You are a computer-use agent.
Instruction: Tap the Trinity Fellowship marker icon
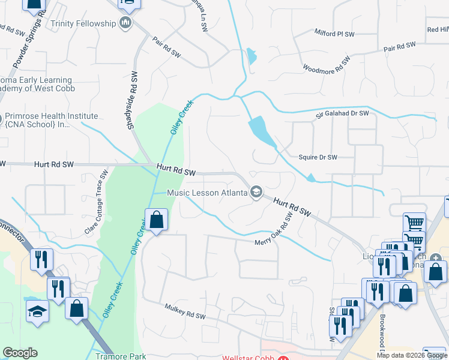pyautogui.click(x=125, y=23)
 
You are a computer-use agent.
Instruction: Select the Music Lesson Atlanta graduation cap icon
pyautogui.click(x=256, y=192)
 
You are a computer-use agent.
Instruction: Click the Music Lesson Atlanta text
pyautogui.click(x=207, y=193)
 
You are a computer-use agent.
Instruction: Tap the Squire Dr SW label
pyautogui.click(x=318, y=158)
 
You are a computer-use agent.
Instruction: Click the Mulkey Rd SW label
pyautogui.click(x=185, y=311)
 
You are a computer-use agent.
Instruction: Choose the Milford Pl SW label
pyautogui.click(x=335, y=32)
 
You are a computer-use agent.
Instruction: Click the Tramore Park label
pyautogui.click(x=121, y=356)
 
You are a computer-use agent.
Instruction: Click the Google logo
pyautogui.click(x=20, y=352)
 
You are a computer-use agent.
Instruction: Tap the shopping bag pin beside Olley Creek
pyautogui.click(x=156, y=220)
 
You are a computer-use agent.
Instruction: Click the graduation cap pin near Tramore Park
pyautogui.click(x=37, y=311)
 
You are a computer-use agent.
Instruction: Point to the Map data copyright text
pyautogui.click(x=412, y=355)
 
